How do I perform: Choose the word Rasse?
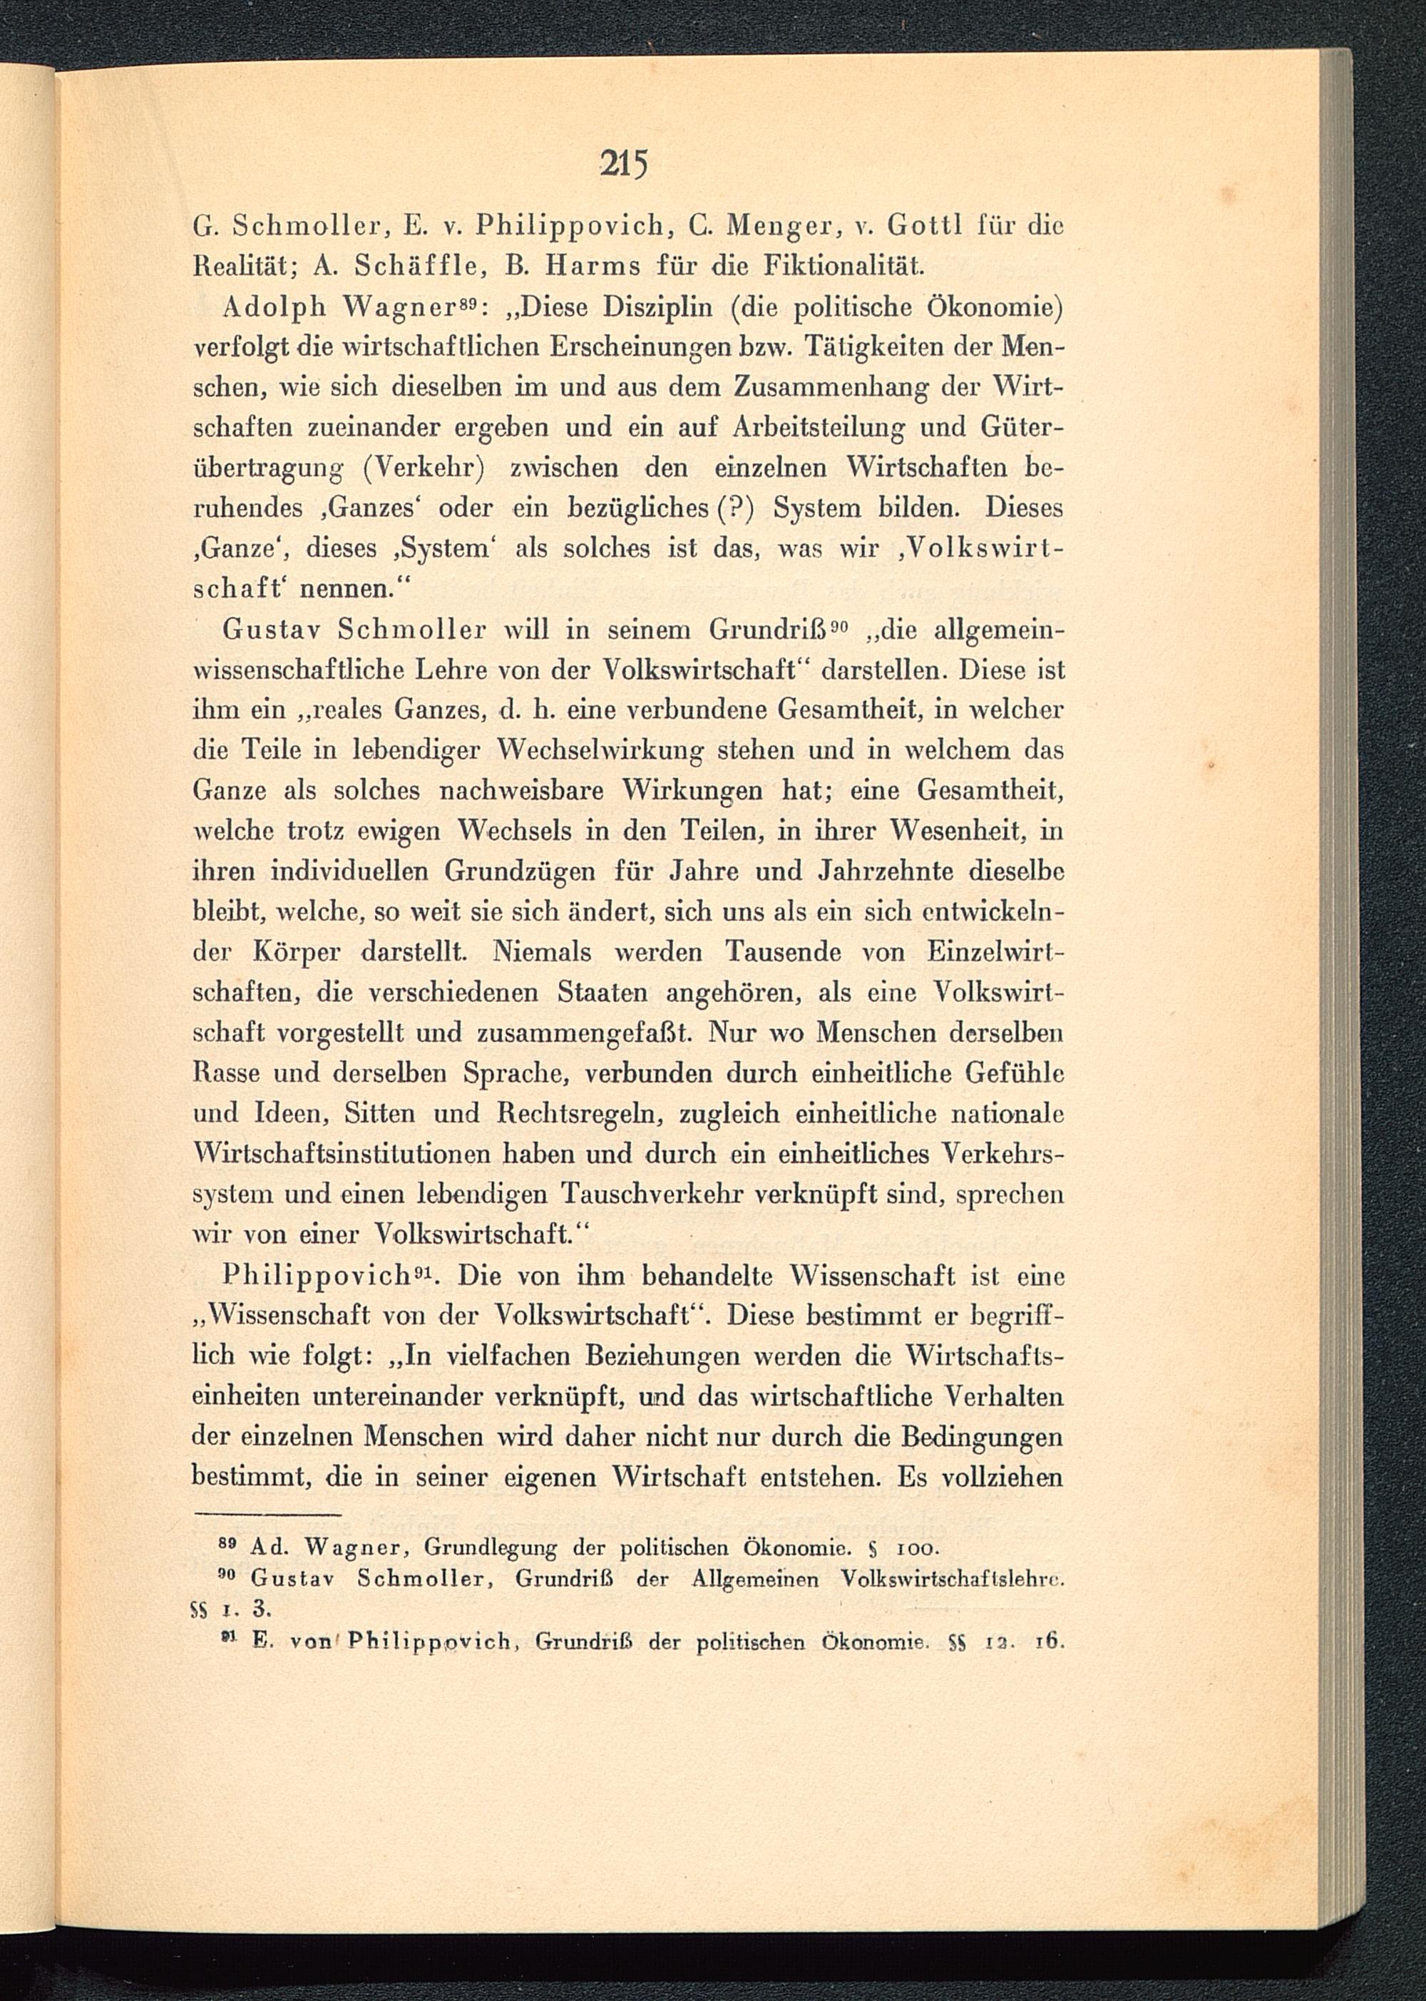pyautogui.click(x=225, y=1073)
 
